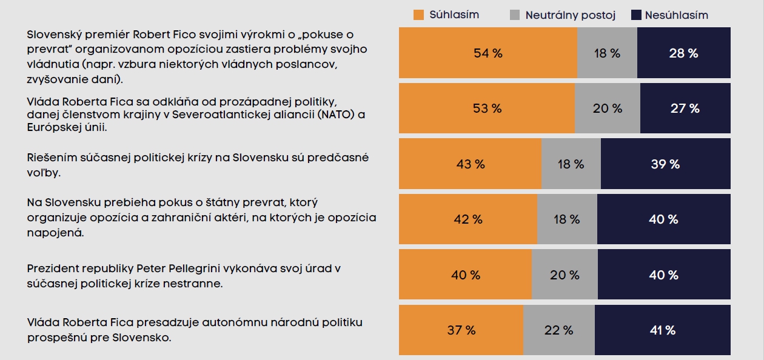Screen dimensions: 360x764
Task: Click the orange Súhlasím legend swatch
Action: point(418,15)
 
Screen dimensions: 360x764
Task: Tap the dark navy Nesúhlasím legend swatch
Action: point(637,15)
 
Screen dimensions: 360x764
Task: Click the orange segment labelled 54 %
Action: point(488,53)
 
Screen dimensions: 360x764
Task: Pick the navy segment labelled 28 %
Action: point(683,53)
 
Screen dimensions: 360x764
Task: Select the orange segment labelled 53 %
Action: point(486,108)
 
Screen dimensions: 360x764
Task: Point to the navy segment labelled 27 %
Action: point(685,108)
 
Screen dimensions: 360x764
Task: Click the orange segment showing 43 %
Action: point(470,164)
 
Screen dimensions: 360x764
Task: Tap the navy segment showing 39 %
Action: point(665,164)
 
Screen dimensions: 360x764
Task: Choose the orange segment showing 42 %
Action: point(467,219)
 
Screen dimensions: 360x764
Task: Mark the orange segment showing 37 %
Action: point(461,330)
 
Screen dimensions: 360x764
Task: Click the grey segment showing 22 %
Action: point(558,330)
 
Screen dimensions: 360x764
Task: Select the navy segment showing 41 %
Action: point(662,330)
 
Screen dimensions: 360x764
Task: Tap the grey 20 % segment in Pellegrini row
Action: point(564,275)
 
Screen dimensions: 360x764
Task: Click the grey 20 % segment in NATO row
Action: point(607,108)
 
